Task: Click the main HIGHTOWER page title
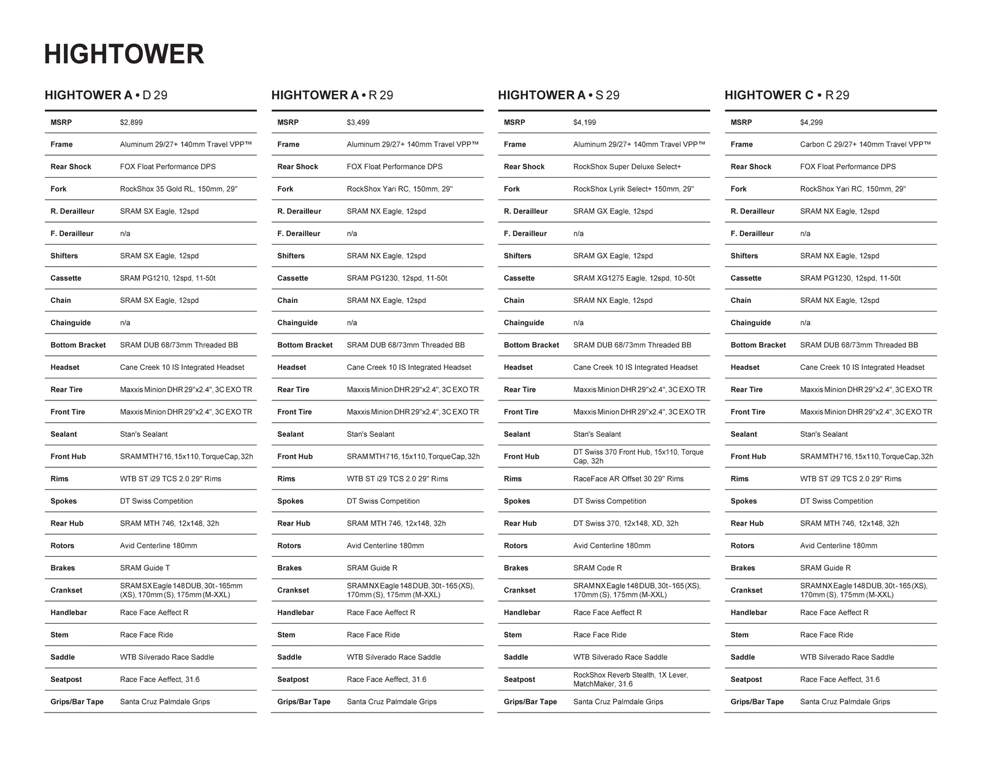click(124, 54)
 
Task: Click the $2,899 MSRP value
click(131, 123)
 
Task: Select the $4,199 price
click(584, 123)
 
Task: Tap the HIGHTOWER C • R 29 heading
click(787, 95)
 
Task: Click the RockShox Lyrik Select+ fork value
click(633, 189)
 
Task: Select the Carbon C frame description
click(865, 145)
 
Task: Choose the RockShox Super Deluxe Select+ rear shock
click(627, 167)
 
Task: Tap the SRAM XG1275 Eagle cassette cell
click(634, 278)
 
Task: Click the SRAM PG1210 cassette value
click(167, 278)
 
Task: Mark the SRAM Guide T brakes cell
click(145, 568)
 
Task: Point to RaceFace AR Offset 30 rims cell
click(628, 479)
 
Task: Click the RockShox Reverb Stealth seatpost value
click(630, 680)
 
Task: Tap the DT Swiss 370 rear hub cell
click(625, 524)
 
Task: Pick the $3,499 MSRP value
click(358, 123)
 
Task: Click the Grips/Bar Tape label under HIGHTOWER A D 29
click(77, 702)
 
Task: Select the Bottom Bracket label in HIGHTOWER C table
click(758, 345)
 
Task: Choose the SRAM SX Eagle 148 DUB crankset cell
click(181, 591)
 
